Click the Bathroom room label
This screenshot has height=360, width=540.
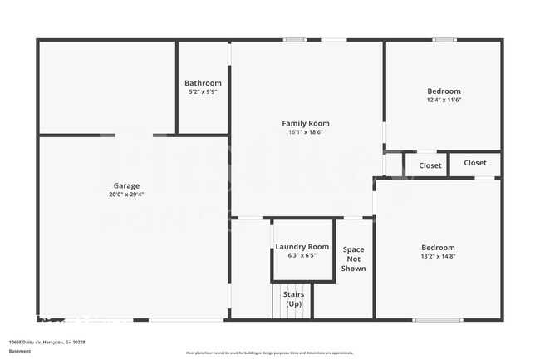[203, 83]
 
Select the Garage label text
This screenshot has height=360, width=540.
[126, 185]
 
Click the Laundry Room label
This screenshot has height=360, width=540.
[302, 247]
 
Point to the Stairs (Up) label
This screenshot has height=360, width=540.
[293, 299]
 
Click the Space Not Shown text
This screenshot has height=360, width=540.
[353, 259]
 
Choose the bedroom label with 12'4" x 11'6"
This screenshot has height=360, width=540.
[444, 91]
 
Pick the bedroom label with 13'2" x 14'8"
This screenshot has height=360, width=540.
[438, 248]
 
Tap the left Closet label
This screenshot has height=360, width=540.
[430, 165]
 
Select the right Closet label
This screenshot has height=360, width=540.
[475, 163]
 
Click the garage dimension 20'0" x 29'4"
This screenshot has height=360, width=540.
[126, 195]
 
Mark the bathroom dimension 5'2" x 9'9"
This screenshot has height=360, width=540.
[203, 91]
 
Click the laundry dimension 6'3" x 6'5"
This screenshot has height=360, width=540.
[302, 255]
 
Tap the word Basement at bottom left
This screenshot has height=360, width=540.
[19, 351]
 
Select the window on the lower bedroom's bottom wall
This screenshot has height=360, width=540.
[438, 319]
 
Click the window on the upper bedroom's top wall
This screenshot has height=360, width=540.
[443, 39]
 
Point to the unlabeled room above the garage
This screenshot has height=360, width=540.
[107, 86]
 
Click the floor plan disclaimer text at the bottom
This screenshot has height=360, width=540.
[270, 353]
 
